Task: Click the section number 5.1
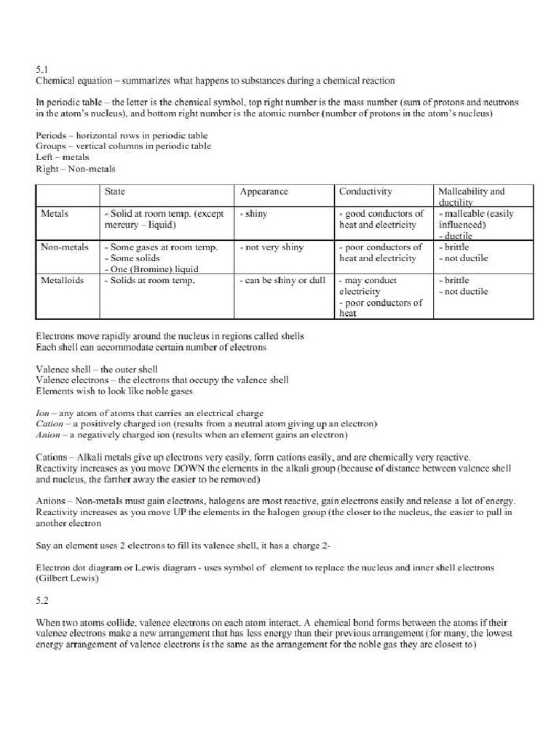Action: click(41, 69)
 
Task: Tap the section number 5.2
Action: click(41, 601)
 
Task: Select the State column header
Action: click(115, 191)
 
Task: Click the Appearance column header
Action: click(263, 191)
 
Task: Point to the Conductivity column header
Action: click(365, 191)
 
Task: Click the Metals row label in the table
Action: click(55, 214)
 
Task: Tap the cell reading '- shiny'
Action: click(254, 214)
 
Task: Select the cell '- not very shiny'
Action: click(271, 247)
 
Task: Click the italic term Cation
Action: click(49, 423)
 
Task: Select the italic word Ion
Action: click(41, 413)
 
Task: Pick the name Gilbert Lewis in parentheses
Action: click(67, 578)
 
